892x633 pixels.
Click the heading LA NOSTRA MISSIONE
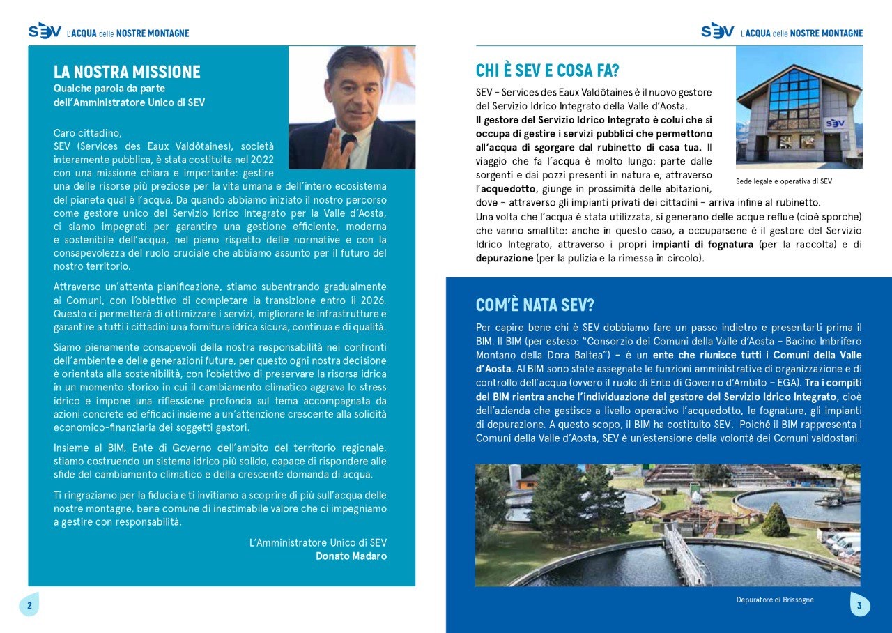(127, 72)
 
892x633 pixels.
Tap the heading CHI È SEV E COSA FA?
(547, 70)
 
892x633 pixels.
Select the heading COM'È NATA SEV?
(535, 305)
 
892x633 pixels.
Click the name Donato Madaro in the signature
(351, 556)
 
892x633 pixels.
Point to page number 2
(29, 605)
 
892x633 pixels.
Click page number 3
(859, 605)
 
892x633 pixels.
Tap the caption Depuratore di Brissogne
(774, 600)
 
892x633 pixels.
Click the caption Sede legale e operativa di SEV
(783, 181)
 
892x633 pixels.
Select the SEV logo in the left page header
(45, 31)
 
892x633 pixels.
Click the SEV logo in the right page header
(718, 31)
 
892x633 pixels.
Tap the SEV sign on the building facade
(835, 123)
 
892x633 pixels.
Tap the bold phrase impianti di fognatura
(702, 245)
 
